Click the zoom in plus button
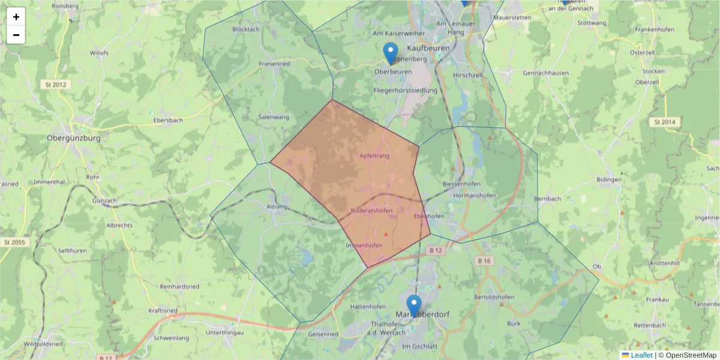click(x=16, y=17)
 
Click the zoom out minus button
click(x=16, y=35)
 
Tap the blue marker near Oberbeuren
click(x=391, y=53)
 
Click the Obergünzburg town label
click(x=73, y=137)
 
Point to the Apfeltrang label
click(x=374, y=156)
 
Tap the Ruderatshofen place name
click(x=371, y=211)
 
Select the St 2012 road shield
click(x=55, y=85)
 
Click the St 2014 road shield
click(x=664, y=122)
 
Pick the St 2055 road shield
click(x=14, y=242)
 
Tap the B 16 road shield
click(x=485, y=260)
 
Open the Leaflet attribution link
click(x=641, y=355)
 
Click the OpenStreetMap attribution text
click(x=691, y=355)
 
